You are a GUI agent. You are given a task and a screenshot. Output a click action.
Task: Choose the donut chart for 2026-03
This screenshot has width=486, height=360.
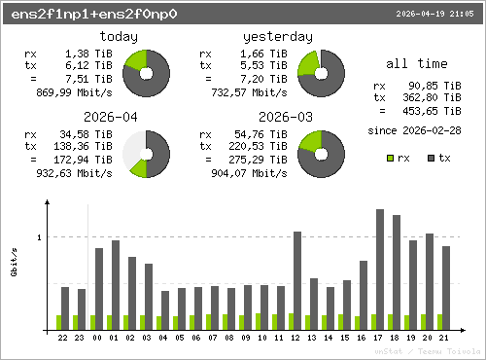coord(322,154)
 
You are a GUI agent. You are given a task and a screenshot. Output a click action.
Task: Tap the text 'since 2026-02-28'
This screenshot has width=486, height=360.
coord(414,129)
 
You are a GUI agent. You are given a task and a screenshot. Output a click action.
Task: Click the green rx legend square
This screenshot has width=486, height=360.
coord(390,157)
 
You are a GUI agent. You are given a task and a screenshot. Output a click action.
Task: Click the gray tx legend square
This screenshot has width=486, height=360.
coord(432,157)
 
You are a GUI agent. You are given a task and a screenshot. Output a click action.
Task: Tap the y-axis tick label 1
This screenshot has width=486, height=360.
coord(40,237)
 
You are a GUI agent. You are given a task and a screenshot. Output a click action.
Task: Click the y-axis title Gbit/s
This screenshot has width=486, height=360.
coord(15,263)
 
